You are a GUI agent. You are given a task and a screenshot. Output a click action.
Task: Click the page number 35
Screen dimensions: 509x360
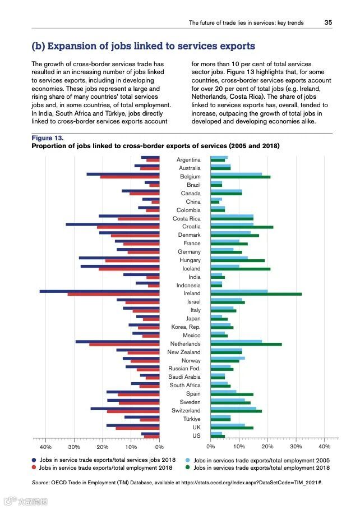click(329, 23)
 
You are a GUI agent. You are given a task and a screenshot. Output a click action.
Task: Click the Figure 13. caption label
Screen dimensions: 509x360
click(48, 137)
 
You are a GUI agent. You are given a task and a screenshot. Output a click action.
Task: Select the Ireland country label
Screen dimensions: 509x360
click(192, 294)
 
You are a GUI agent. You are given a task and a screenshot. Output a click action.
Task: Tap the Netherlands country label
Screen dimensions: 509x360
click(185, 343)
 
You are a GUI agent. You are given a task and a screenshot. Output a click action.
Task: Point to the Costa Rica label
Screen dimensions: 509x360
click(186, 218)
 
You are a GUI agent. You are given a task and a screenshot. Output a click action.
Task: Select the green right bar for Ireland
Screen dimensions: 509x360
click(256, 294)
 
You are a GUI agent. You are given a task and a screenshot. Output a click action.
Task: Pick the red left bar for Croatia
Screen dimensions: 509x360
click(128, 227)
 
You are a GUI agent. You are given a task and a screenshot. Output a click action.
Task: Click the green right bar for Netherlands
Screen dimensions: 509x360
click(246, 344)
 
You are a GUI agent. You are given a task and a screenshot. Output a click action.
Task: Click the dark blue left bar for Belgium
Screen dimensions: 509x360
click(123, 174)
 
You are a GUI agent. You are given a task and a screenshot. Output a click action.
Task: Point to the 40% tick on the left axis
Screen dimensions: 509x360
click(45, 447)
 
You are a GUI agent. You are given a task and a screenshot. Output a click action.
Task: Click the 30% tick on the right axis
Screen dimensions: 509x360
click(296, 447)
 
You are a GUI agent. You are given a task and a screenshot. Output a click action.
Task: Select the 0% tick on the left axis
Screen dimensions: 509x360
click(159, 447)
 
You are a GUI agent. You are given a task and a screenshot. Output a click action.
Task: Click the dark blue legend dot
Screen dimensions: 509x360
click(34, 460)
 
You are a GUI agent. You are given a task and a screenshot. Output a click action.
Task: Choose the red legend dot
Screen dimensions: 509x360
click(34, 467)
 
